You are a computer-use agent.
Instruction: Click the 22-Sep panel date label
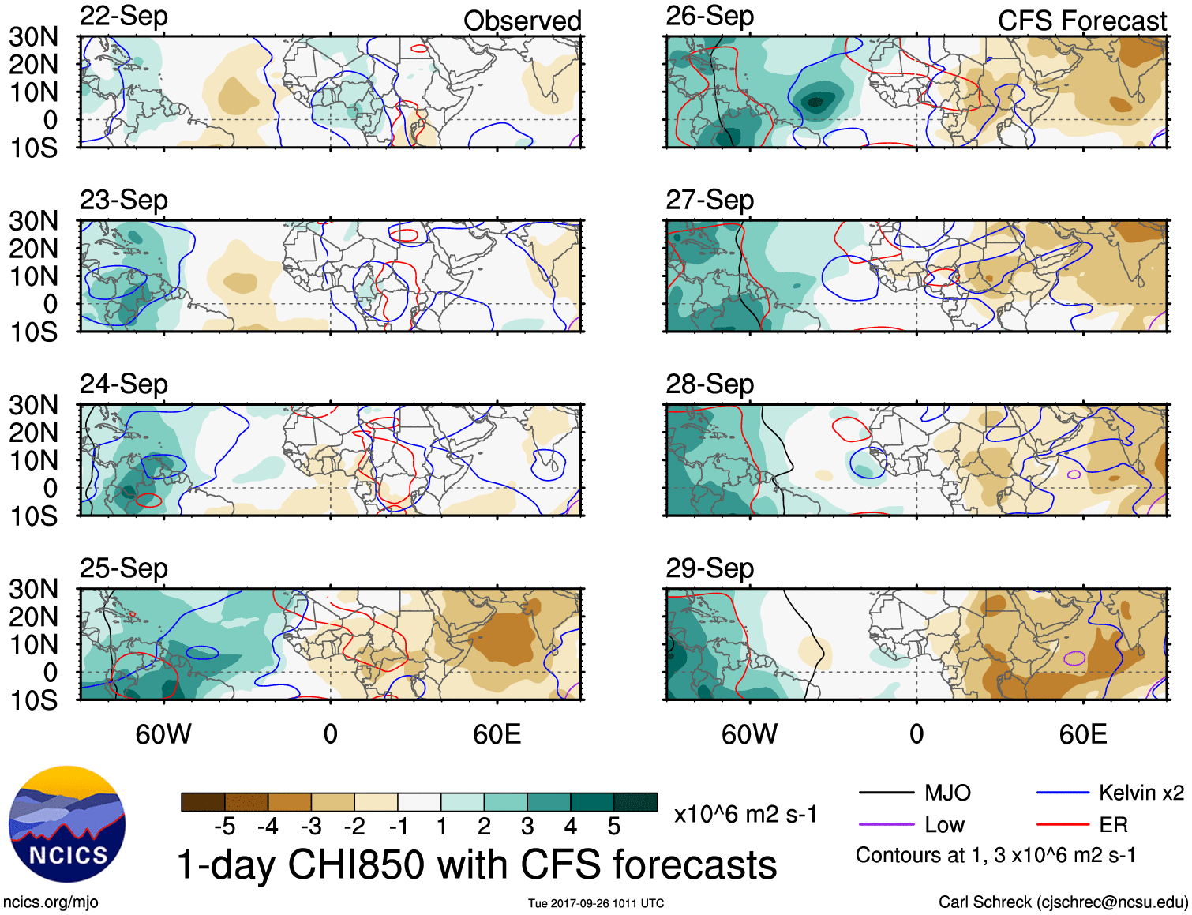pyautogui.click(x=124, y=16)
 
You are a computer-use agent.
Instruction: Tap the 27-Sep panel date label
pyautogui.click(x=710, y=200)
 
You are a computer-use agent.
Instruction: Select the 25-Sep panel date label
pyautogui.click(x=124, y=568)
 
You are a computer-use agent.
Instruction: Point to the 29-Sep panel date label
pyautogui.click(x=710, y=568)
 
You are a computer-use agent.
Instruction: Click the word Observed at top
pyautogui.click(x=522, y=21)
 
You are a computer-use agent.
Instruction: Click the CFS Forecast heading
pyautogui.click(x=1081, y=21)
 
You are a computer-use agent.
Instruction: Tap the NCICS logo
pyautogui.click(x=67, y=824)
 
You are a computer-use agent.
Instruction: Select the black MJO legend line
pyautogui.click(x=886, y=793)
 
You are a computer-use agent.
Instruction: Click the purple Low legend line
pyautogui.click(x=886, y=825)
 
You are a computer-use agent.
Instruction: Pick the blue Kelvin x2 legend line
pyautogui.click(x=1063, y=793)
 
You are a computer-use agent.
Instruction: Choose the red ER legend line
pyautogui.click(x=1063, y=825)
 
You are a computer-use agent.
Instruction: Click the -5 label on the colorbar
pyautogui.click(x=224, y=827)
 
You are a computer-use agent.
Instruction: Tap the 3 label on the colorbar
pyautogui.click(x=527, y=827)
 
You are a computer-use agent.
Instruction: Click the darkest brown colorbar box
pyautogui.click(x=203, y=802)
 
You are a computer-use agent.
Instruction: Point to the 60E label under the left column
pyautogui.click(x=497, y=734)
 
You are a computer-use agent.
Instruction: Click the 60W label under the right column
pyautogui.click(x=749, y=734)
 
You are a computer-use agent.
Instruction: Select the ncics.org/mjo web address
pyautogui.click(x=51, y=902)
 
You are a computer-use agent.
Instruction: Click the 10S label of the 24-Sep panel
pyautogui.click(x=33, y=516)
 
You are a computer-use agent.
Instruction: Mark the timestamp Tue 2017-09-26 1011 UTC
pyautogui.click(x=596, y=903)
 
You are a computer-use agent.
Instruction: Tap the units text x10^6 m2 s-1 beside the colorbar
pyautogui.click(x=745, y=814)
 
